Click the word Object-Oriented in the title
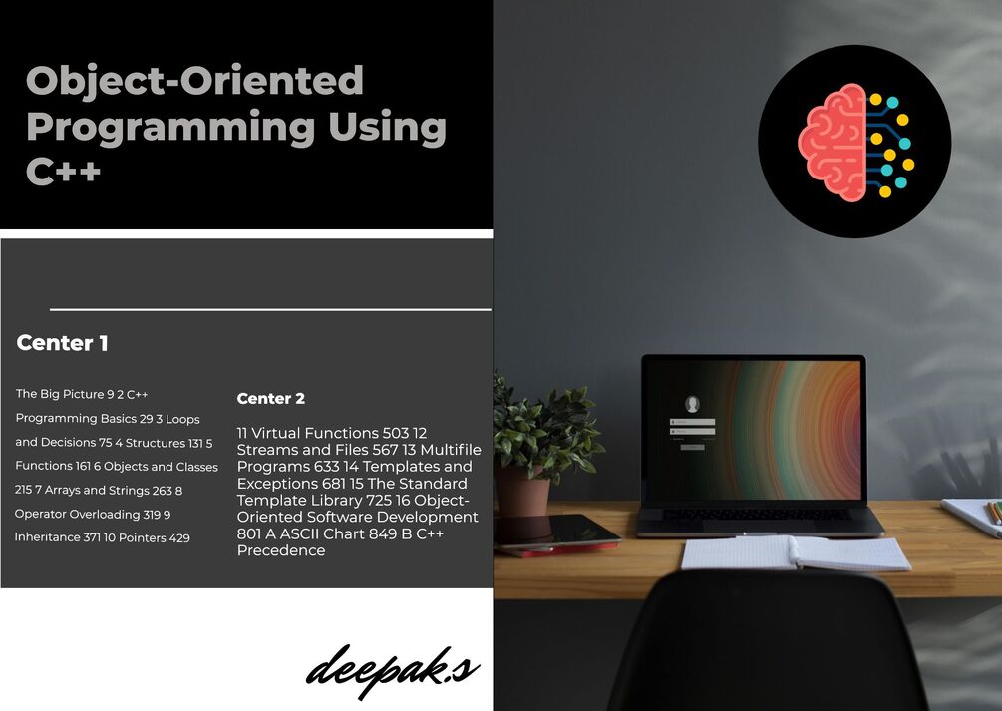click(x=194, y=81)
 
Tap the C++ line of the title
click(x=63, y=171)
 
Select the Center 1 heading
click(x=63, y=344)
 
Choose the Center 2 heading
click(x=271, y=399)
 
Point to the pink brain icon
click(x=834, y=142)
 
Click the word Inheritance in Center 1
click(x=48, y=537)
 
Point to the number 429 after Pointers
click(x=179, y=537)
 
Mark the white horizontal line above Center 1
click(x=269, y=310)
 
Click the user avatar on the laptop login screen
click(x=692, y=404)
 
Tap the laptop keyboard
click(x=758, y=515)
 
